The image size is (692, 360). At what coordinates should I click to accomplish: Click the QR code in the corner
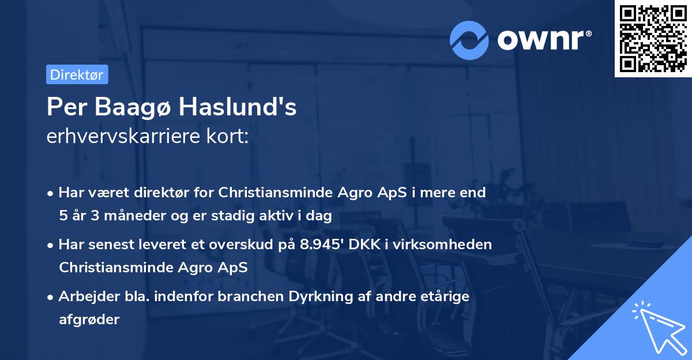652,38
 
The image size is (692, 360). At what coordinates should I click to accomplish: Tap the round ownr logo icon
469,40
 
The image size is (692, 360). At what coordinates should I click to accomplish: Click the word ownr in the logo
543,40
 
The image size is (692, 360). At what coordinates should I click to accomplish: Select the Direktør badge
77,74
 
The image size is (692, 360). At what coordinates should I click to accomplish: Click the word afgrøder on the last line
89,320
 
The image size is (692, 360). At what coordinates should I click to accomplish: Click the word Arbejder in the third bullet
85,297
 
